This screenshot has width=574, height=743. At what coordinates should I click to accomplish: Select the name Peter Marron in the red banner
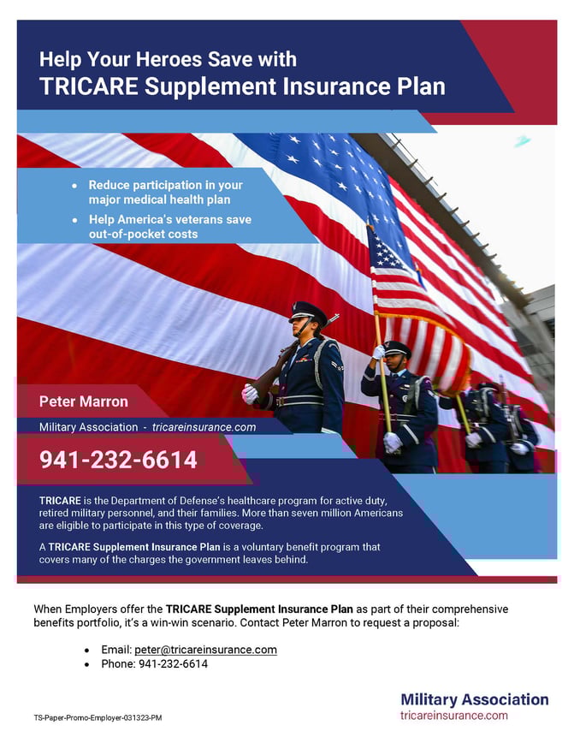tap(84, 401)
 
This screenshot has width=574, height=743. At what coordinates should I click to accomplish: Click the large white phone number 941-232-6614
tap(118, 460)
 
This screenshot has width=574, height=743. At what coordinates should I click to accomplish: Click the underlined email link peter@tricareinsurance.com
tap(205, 650)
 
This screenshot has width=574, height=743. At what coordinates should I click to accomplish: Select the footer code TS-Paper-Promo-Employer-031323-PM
tap(98, 717)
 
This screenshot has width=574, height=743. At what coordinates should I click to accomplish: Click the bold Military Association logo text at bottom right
tap(474, 699)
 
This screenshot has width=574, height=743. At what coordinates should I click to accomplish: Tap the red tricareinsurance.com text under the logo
tap(453, 715)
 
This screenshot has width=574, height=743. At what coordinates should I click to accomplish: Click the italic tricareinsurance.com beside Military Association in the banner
tap(204, 426)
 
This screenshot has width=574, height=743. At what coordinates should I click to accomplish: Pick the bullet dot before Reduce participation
tap(75, 186)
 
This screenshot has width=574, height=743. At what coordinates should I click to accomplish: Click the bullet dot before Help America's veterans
tap(75, 220)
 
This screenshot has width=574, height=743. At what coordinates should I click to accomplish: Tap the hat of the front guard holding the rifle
tap(308, 310)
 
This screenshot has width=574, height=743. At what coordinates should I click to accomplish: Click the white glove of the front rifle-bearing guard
tap(249, 394)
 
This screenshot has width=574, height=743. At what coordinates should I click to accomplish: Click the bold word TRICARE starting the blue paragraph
tap(60, 500)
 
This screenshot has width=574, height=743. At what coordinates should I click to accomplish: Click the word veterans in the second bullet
tap(200, 220)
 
